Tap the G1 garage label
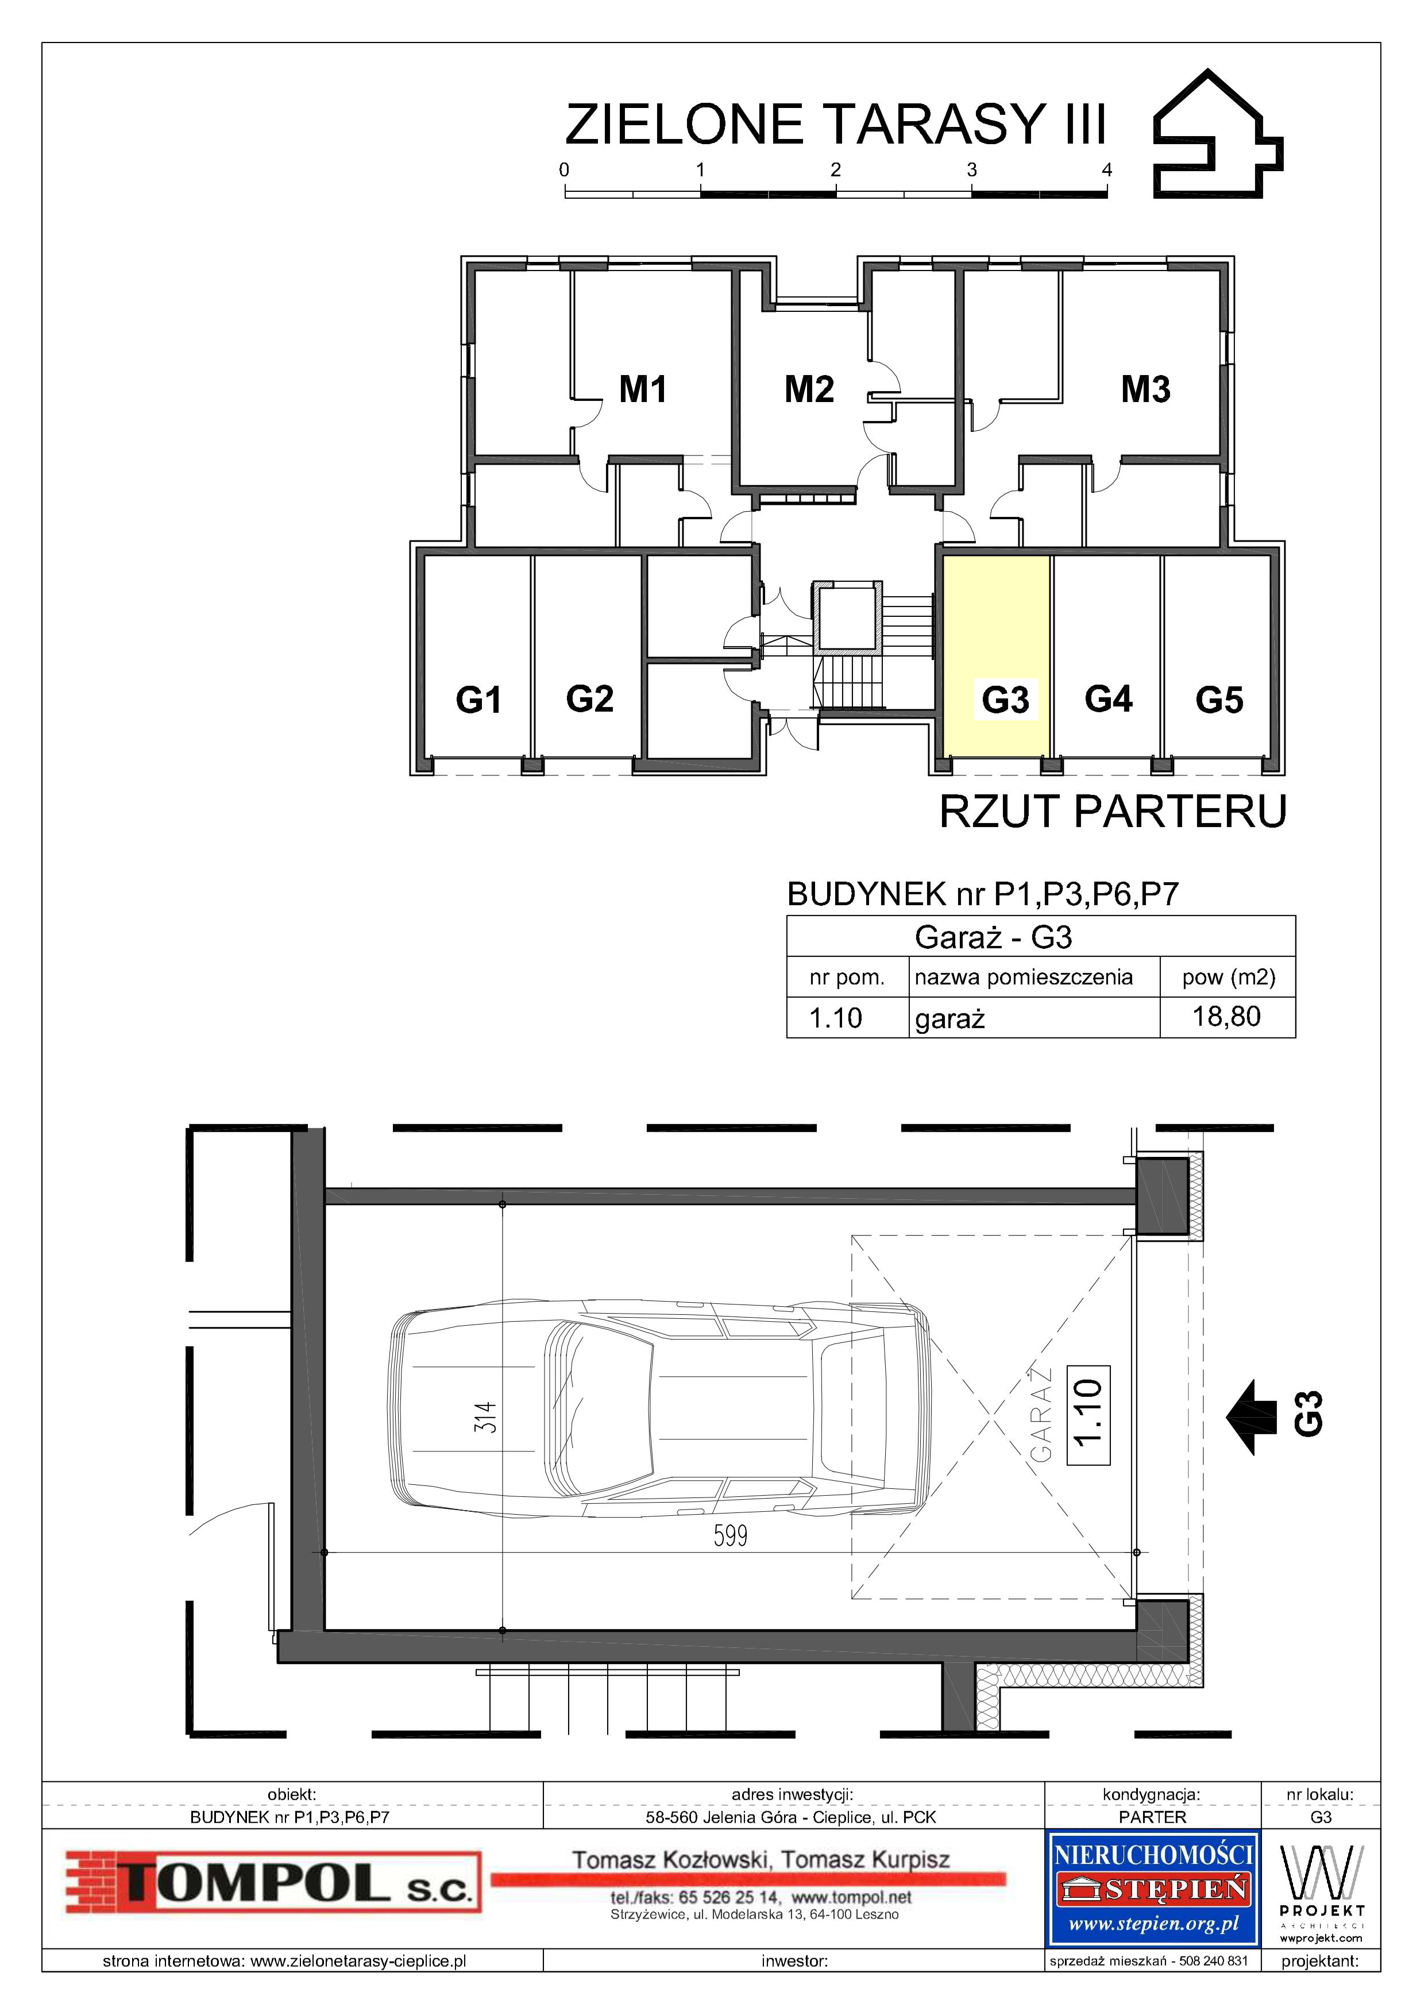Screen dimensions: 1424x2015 (478, 700)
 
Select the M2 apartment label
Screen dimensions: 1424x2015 (809, 389)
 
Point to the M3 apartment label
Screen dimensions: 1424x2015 (1146, 389)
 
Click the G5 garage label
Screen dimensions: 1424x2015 (1220, 700)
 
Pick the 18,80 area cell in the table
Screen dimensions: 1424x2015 (1226, 1016)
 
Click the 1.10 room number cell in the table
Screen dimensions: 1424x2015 (835, 1017)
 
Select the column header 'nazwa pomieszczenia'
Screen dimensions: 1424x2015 (1023, 977)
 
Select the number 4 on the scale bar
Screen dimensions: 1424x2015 (1107, 170)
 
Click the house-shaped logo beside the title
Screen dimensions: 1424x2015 (1218, 133)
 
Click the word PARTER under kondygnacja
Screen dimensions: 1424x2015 (1152, 1817)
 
